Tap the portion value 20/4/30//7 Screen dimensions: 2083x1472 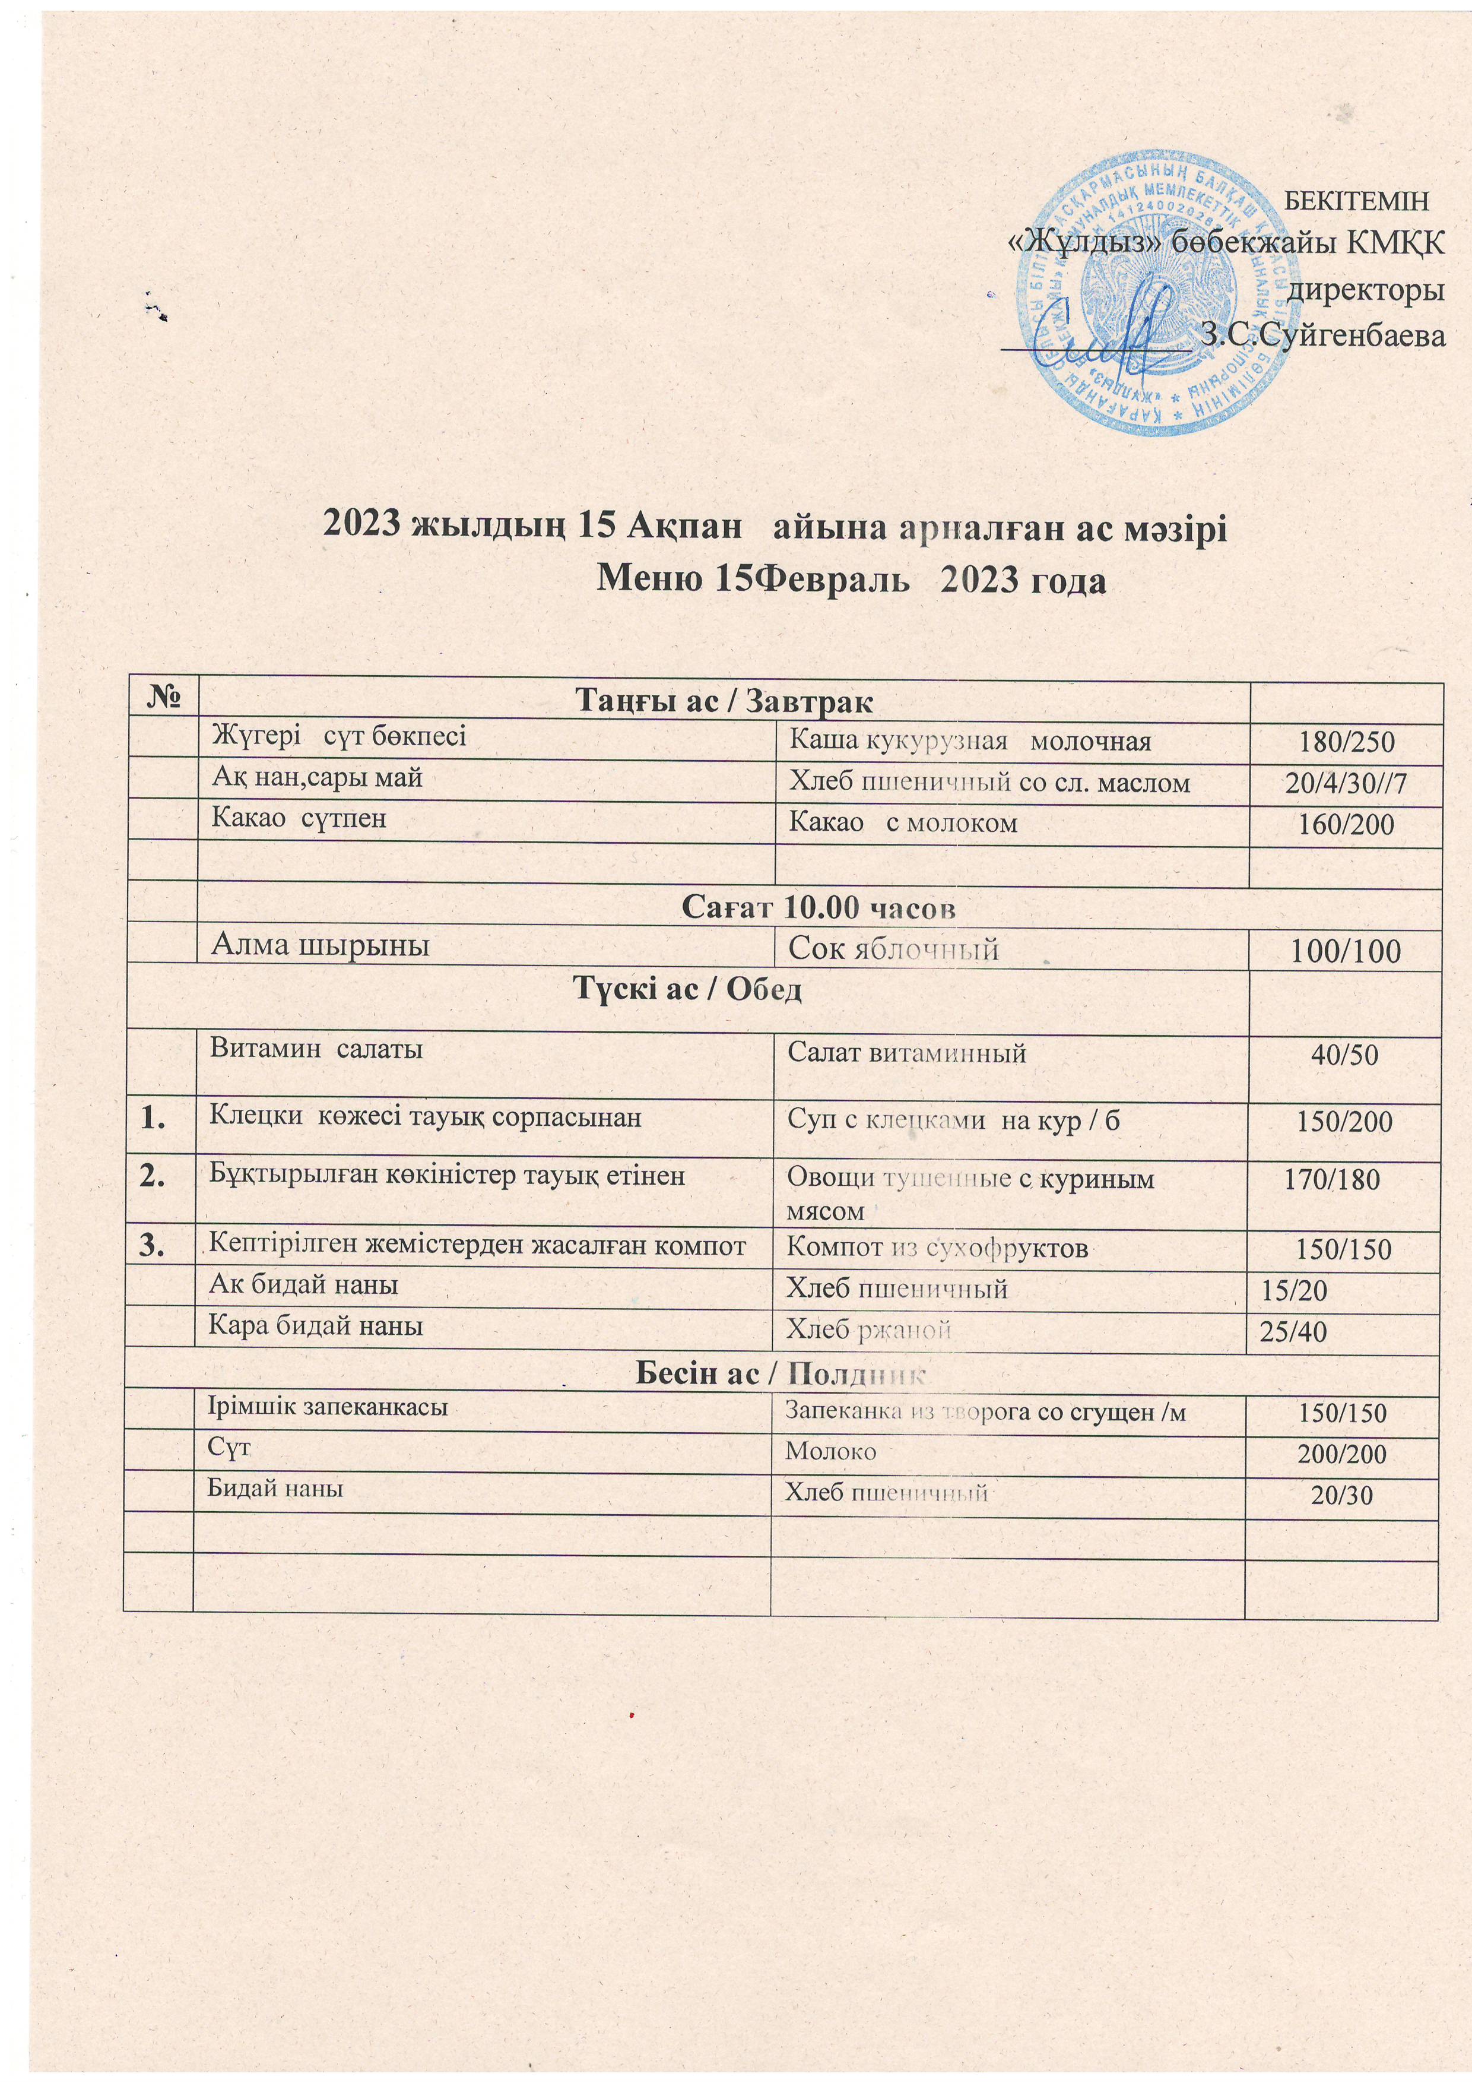tap(1345, 784)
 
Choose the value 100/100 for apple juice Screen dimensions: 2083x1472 tap(1345, 950)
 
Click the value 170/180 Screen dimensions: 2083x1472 tap(1333, 1179)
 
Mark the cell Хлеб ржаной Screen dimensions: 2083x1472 tap(868, 1331)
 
